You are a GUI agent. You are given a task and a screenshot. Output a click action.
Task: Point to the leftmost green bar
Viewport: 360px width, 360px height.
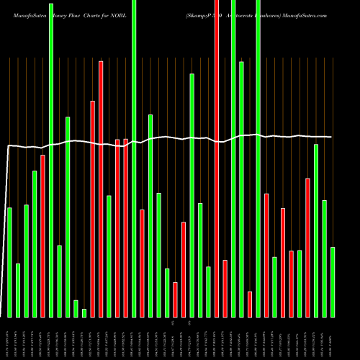[x=9, y=262]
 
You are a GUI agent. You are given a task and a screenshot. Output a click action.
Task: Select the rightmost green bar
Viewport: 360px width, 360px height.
[x=333, y=282]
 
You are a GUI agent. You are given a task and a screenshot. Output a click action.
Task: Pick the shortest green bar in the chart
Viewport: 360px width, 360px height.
[x=84, y=312]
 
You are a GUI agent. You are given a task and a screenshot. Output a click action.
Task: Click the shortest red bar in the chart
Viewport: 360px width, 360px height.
[x=250, y=304]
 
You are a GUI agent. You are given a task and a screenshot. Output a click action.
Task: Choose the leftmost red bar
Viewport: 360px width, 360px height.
[x=42, y=235]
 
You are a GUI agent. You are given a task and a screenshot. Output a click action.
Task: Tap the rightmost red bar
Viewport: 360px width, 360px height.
[x=308, y=247]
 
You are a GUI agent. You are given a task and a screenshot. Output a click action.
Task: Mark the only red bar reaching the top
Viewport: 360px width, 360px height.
[x=217, y=158]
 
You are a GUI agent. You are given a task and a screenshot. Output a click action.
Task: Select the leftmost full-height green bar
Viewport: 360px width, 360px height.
[x=51, y=158]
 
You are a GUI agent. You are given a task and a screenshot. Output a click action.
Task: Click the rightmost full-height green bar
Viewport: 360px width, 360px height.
[x=258, y=158]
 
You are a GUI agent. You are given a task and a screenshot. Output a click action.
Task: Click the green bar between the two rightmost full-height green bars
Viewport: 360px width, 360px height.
[x=241, y=189]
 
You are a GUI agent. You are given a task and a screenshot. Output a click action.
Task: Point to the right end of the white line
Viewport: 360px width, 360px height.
[x=332, y=137]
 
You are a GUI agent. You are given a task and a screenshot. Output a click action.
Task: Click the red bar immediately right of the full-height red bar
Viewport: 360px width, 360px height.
[x=225, y=288]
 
